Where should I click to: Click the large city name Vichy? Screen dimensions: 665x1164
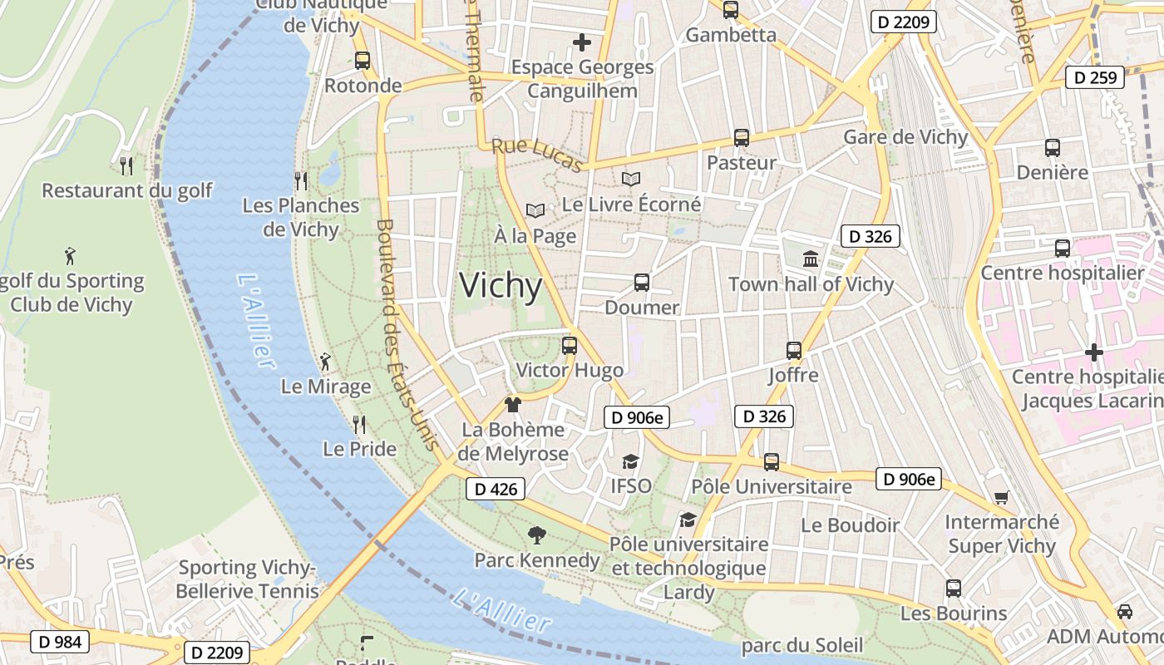(x=501, y=286)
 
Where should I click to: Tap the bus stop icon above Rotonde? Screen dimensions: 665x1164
(x=362, y=61)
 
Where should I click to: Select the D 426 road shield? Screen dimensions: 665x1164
(x=496, y=490)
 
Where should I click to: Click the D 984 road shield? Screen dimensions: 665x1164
(x=60, y=642)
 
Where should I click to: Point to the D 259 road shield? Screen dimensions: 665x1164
(x=1095, y=77)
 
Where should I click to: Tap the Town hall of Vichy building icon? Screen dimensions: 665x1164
(x=811, y=259)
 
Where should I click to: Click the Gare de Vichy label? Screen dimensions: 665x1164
(x=905, y=137)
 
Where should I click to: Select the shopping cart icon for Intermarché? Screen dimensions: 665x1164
(x=1001, y=498)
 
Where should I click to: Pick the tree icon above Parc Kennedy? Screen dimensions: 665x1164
(x=537, y=534)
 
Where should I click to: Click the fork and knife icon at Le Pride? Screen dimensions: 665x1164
(x=359, y=425)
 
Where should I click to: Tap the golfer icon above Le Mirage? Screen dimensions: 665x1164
(x=325, y=362)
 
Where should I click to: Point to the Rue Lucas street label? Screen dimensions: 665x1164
(x=537, y=155)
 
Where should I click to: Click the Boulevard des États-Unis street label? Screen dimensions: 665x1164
(x=407, y=334)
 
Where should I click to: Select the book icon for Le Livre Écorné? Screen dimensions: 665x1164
(x=631, y=179)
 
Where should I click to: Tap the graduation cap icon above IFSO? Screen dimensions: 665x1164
(x=631, y=461)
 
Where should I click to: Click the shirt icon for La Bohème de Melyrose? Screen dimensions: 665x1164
(x=513, y=405)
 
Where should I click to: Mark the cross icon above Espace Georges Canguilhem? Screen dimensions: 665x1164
(x=582, y=42)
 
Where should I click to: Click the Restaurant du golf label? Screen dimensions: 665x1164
(x=127, y=190)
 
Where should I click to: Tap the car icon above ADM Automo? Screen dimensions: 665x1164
(x=1124, y=612)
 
